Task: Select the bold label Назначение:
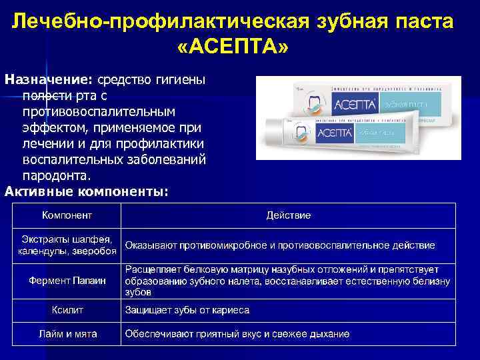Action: (x=49, y=79)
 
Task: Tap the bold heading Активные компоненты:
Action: (x=87, y=191)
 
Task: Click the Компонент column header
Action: (x=67, y=215)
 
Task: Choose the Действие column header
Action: (x=288, y=215)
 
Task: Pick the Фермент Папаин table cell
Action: (x=67, y=281)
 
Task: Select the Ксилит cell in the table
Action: (x=67, y=310)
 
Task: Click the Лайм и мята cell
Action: (x=67, y=333)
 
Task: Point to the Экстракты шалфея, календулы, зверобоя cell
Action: (x=67, y=245)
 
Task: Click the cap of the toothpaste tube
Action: (x=271, y=133)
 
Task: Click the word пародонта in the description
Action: (x=56, y=176)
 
